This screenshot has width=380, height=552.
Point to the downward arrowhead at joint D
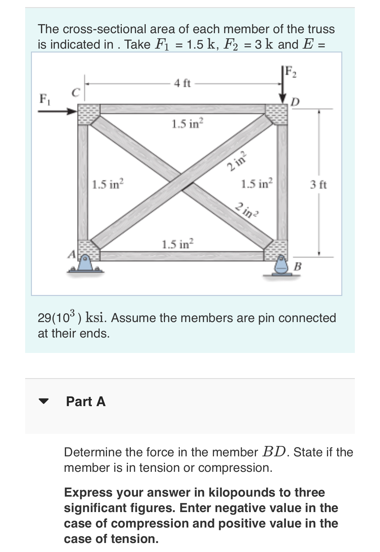[x=283, y=97]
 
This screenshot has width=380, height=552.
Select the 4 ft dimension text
[x=182, y=83]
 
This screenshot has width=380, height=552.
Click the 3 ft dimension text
[x=318, y=185]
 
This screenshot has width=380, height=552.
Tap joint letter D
[x=295, y=102]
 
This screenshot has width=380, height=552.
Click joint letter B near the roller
[x=298, y=266]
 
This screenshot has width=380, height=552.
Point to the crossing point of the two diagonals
[x=184, y=183]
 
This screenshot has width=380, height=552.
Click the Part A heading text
[x=86, y=402]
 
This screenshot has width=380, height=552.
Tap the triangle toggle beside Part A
[x=44, y=401]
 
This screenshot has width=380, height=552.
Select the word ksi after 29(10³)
[x=96, y=318]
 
